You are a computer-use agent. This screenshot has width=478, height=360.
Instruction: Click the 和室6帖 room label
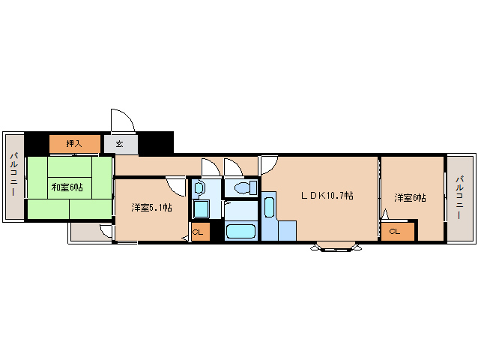(67, 187)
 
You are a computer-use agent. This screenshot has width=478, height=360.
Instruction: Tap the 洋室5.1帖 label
(152, 208)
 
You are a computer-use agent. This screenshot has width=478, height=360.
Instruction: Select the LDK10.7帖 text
(327, 196)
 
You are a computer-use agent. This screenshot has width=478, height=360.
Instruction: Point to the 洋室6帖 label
(410, 198)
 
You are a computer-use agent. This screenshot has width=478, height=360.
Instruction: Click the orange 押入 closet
(74, 142)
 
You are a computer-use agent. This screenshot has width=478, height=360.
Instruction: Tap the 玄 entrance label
(120, 143)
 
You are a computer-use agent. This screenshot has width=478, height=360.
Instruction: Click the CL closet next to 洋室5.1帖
(199, 232)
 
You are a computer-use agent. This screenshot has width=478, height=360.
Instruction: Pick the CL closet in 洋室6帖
(395, 232)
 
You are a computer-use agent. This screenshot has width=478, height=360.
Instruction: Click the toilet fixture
(243, 187)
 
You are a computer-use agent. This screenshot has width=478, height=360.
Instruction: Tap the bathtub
(241, 231)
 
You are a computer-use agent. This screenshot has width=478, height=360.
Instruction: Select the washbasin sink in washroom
(199, 189)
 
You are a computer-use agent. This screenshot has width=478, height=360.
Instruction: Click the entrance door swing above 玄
(122, 120)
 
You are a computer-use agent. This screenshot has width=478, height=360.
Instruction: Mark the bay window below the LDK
(334, 246)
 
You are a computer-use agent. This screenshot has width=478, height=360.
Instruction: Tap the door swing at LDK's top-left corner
(269, 164)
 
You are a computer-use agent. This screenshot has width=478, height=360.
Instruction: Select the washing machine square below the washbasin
(201, 209)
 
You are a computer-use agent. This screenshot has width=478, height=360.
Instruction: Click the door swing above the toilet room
(232, 168)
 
